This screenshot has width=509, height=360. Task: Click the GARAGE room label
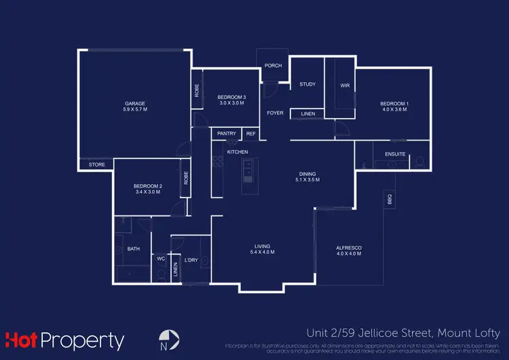click(x=134, y=103)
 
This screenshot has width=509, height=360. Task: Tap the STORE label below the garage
click(x=96, y=164)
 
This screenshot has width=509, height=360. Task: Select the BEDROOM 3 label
click(x=231, y=98)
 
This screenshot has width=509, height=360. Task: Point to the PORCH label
click(x=273, y=66)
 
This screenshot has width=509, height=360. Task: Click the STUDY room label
click(x=307, y=84)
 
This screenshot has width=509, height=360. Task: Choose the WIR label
click(x=344, y=86)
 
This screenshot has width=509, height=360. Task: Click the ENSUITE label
click(x=395, y=154)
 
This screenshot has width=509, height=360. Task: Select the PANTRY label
click(x=226, y=134)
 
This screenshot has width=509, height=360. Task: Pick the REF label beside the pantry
click(x=250, y=134)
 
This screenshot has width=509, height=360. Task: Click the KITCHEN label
click(x=238, y=151)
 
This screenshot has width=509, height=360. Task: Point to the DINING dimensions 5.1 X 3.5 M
click(x=307, y=180)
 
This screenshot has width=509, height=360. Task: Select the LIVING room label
click(x=263, y=246)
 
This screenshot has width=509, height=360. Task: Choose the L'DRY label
click(x=190, y=259)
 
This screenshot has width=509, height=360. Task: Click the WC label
click(x=161, y=259)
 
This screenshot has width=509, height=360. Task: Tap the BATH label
click(x=134, y=249)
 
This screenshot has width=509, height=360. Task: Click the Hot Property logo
click(x=65, y=340)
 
